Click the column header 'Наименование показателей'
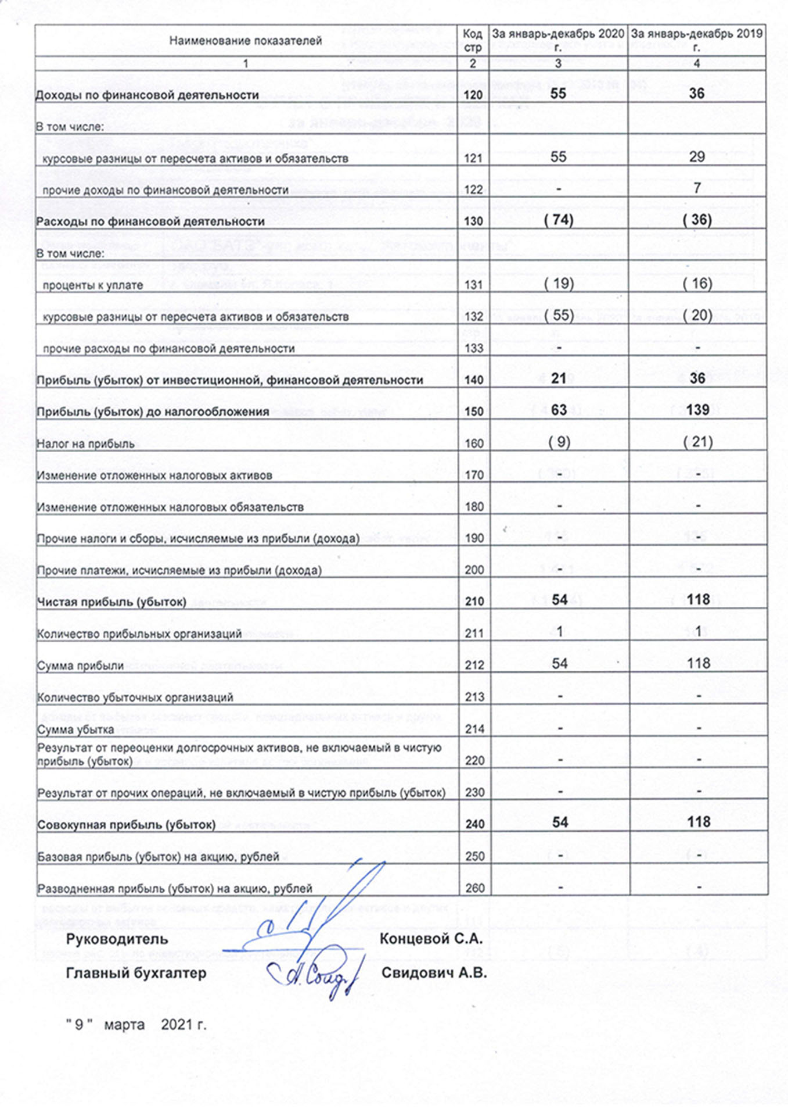pyautogui.click(x=245, y=41)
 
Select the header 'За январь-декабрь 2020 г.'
pyautogui.click(x=558, y=40)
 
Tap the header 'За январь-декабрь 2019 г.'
pyautogui.click(x=697, y=40)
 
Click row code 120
pyautogui.click(x=473, y=95)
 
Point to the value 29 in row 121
pyautogui.click(x=697, y=157)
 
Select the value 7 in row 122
pyautogui.click(x=697, y=188)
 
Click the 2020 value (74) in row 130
pyautogui.click(x=558, y=220)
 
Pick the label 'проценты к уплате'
pyautogui.click(x=93, y=285)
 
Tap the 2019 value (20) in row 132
pyautogui.click(x=697, y=316)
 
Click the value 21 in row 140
pyautogui.click(x=559, y=379)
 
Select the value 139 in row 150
pyautogui.click(x=697, y=410)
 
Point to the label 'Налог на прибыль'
pyautogui.click(x=85, y=444)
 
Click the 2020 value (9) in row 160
pyautogui.click(x=559, y=442)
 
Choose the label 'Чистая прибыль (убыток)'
pyautogui.click(x=111, y=602)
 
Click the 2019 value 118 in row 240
pyautogui.click(x=698, y=822)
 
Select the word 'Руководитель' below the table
pyautogui.click(x=117, y=939)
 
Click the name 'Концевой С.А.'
pyautogui.click(x=431, y=939)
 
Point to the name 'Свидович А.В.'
pyautogui.click(x=434, y=973)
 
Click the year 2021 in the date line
pyautogui.click(x=178, y=1025)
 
